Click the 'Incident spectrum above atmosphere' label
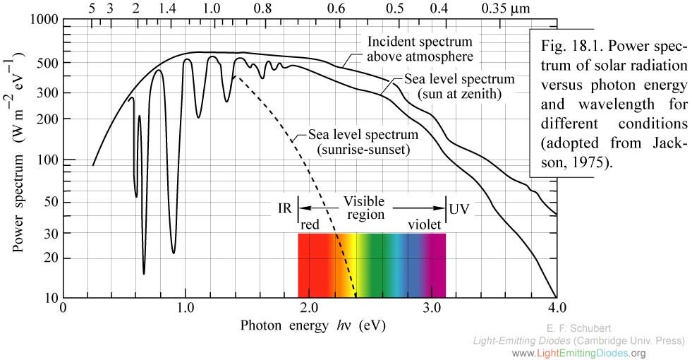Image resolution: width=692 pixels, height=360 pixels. tap(420, 48)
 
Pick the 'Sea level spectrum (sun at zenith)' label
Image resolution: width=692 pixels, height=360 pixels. tap(458, 85)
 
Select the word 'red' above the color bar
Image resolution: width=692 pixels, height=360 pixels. tap(311, 224)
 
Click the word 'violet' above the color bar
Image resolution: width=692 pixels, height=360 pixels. tap(423, 224)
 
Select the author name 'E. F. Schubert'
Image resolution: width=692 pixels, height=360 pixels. tap(579, 328)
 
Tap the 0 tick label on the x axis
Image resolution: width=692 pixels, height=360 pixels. tap(63, 308)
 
